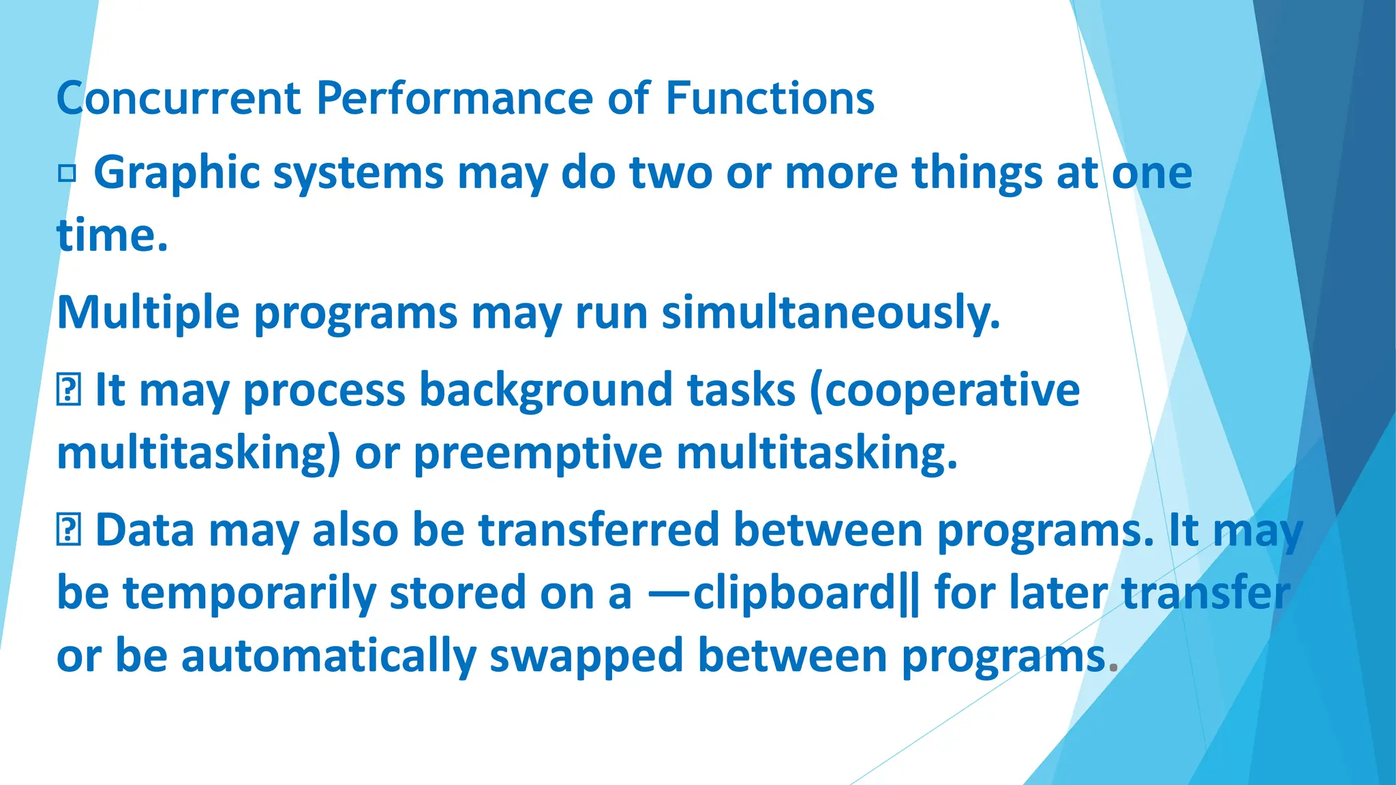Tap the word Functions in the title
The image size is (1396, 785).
coord(770,99)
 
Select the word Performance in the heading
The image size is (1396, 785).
coord(455,99)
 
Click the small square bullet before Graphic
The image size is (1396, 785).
coord(67,174)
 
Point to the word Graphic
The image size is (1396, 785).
coord(177,173)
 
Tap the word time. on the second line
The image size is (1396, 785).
coord(112,236)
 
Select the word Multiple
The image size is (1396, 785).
coord(148,313)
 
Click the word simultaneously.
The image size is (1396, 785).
coord(831,313)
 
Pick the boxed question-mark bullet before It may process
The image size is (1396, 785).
coord(69,391)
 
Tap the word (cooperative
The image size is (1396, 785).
coord(945,391)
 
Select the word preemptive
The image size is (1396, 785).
coord(538,454)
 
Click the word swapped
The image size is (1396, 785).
coord(586,656)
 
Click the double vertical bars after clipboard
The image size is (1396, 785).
coord(909,593)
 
